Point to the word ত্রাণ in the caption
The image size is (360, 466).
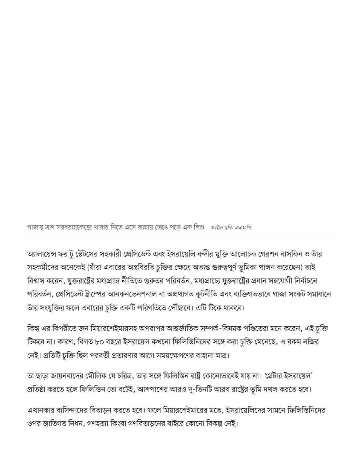[x=47, y=228]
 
